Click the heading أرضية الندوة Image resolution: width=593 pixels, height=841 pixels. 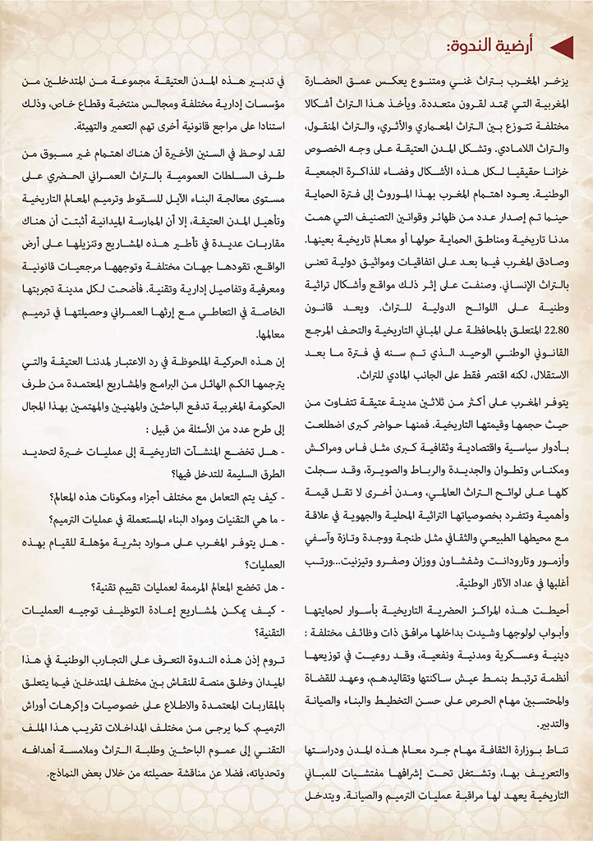pos(494,47)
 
